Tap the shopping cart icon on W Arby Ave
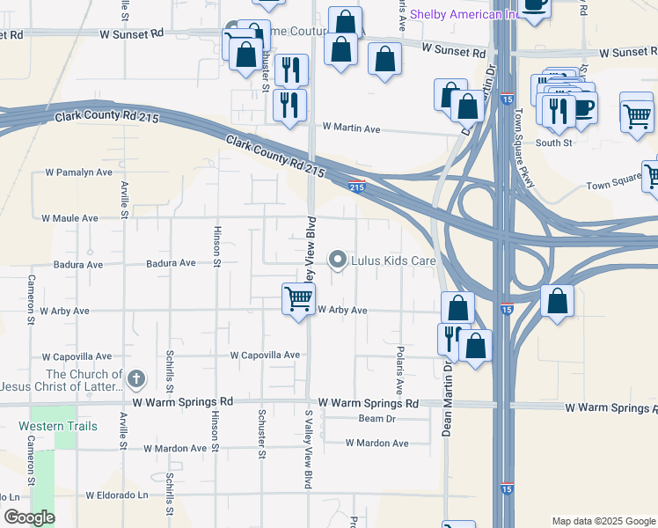(x=298, y=299)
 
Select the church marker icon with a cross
(x=135, y=379)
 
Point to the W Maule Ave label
(x=70, y=217)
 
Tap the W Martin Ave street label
(x=350, y=129)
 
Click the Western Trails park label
(x=52, y=426)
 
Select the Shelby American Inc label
(x=463, y=14)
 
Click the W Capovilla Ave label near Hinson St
(x=265, y=356)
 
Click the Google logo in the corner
(x=29, y=517)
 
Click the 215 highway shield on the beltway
(x=356, y=186)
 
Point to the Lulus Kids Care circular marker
(x=338, y=260)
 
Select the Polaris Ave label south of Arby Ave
(x=400, y=370)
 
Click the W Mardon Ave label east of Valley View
(x=377, y=443)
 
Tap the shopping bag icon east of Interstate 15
(x=558, y=302)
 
